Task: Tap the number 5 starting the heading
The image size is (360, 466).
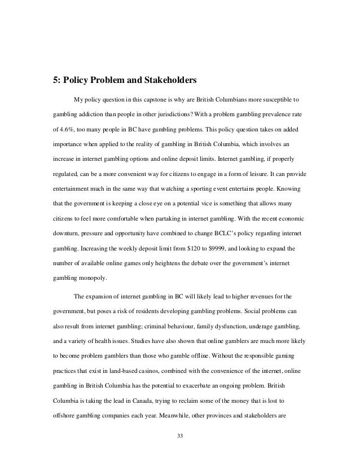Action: tap(55, 80)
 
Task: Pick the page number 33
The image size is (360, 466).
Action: tap(180, 436)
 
